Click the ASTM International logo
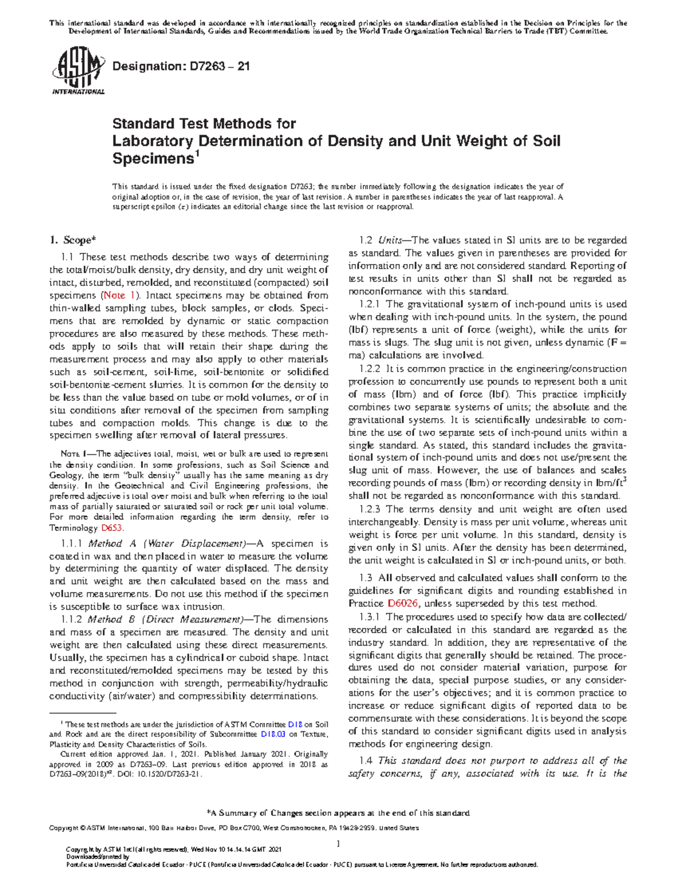click(x=78, y=72)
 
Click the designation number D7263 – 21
click(x=181, y=66)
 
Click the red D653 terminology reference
click(x=112, y=528)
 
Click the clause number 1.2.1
click(x=370, y=304)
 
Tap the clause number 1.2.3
click(x=370, y=509)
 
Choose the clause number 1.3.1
click(x=370, y=617)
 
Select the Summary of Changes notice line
click(x=339, y=813)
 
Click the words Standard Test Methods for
click(x=204, y=123)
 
